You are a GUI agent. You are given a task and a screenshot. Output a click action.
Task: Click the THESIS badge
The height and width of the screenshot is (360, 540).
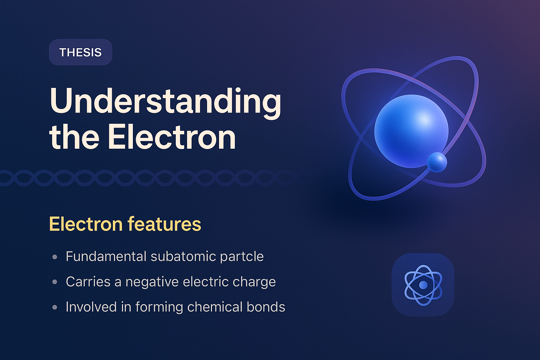click(x=81, y=52)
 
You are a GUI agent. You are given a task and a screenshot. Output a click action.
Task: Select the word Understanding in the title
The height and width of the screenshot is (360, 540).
click(x=165, y=101)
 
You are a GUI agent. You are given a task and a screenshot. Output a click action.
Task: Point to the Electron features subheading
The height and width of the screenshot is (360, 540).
click(x=125, y=224)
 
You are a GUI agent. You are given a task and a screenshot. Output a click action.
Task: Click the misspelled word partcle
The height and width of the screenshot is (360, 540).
click(x=242, y=257)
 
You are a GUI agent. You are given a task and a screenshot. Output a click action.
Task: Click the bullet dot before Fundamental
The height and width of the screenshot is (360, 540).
click(x=54, y=257)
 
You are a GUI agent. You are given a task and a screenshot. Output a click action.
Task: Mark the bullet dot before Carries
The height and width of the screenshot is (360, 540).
click(x=54, y=282)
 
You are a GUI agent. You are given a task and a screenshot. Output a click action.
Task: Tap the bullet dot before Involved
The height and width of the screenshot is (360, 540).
click(x=54, y=307)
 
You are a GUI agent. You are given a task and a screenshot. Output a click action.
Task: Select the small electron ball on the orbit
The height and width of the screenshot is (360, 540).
click(x=437, y=162)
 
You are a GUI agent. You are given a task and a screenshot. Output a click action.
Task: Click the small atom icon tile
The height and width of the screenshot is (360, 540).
click(x=423, y=284)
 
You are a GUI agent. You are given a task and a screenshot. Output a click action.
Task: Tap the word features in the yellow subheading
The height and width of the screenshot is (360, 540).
click(x=164, y=224)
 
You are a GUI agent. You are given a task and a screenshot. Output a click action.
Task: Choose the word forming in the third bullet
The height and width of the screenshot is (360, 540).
click(x=159, y=307)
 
